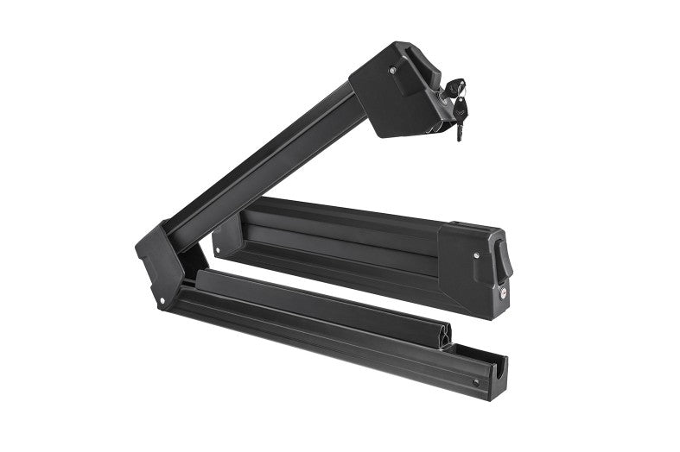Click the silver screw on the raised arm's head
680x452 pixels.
tap(393, 71)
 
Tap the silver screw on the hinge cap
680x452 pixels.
tap(162, 300)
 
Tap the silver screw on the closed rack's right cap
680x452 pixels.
tap(476, 255)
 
